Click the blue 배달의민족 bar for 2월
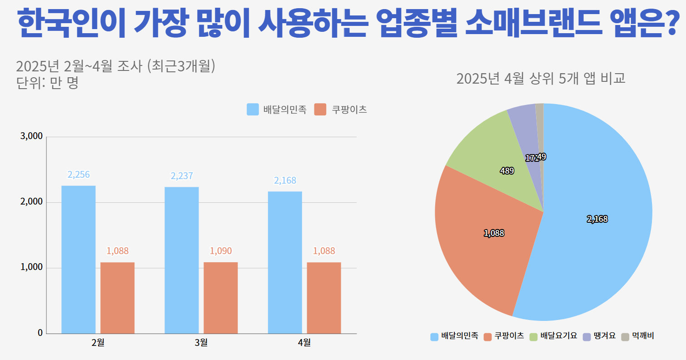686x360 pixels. pos(78,259)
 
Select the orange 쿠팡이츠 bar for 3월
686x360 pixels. pos(220,298)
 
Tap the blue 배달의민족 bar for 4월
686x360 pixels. pos(285,262)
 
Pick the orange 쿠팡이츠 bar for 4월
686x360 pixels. pos(323,298)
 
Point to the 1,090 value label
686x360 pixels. pos(220,250)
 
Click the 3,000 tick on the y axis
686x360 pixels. pos(32,136)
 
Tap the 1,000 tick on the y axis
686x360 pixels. pos(32,268)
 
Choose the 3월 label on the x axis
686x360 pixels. pos(201,342)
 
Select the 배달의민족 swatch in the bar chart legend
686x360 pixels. pos(253,110)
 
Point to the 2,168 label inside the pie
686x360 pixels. pos(597,219)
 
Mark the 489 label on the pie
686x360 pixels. pos(507,171)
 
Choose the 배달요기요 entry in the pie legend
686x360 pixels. pos(558,336)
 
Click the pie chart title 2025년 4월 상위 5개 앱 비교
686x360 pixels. pos(541,79)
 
